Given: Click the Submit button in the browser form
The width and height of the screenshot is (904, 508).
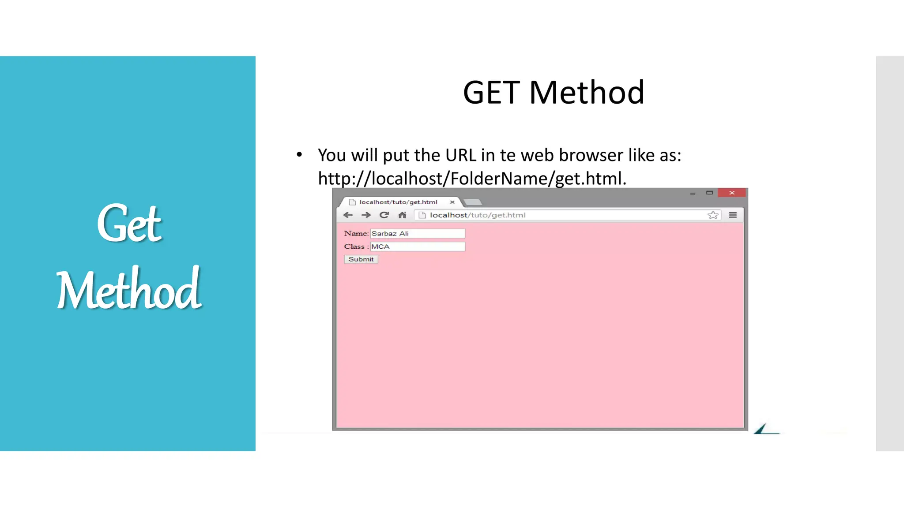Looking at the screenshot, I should coord(361,259).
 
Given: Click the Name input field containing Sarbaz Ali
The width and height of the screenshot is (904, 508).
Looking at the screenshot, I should coord(417,233).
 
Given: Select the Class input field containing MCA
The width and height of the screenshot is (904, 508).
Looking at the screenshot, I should coord(417,247).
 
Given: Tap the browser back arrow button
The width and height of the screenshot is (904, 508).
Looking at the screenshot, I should coord(348,215).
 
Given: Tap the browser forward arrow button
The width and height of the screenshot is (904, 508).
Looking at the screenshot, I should coord(366,215).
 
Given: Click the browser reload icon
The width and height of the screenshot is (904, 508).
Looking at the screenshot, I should coord(384,215).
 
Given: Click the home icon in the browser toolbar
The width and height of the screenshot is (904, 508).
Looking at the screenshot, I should coord(402,215).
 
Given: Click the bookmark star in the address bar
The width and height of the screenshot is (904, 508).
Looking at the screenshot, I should coord(713,215).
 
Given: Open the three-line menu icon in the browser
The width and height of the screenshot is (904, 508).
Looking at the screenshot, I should coord(733,215).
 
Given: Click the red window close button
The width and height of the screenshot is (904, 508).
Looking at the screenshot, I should coord(731,193).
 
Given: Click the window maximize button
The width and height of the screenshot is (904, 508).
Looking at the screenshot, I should coord(709,193).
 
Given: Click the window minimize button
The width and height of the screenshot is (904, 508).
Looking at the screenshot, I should coord(693,193).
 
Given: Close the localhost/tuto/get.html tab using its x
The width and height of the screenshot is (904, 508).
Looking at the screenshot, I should coord(452,202).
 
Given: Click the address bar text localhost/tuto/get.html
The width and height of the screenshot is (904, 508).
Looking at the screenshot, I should coord(478,215).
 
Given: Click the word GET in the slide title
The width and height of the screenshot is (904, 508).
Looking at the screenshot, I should coord(491,93).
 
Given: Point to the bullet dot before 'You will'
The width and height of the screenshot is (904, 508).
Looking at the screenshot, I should coord(299,154).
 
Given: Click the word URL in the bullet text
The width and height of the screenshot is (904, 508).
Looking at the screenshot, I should coord(460,155).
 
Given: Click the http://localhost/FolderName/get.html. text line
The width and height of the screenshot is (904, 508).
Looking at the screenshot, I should coord(472,179).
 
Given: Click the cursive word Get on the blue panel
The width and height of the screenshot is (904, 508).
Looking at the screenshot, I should coord(129,223).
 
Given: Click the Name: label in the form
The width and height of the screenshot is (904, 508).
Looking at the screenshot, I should coord(356,233).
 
